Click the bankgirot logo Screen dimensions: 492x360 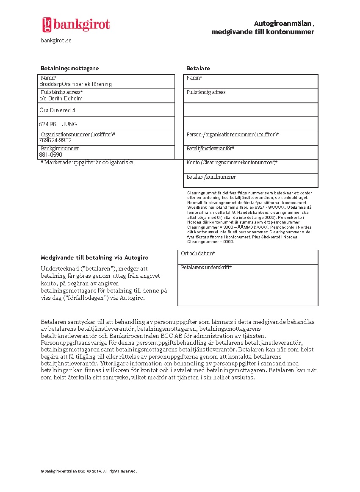[76, 25]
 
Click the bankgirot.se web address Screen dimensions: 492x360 [56, 40]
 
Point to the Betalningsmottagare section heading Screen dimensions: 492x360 [69, 68]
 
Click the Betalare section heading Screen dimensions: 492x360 [198, 68]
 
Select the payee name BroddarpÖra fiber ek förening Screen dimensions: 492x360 [75, 84]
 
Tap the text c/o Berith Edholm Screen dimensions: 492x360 [61, 99]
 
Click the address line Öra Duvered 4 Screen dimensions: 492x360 [57, 111]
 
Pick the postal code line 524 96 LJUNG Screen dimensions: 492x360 [58, 124]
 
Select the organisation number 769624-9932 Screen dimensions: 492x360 [55, 140]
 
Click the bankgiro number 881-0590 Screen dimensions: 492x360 [50, 155]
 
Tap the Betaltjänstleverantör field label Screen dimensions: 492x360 [210, 149]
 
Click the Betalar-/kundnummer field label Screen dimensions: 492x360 [211, 177]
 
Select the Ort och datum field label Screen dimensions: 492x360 [198, 254]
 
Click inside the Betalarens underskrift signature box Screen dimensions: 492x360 [248, 288]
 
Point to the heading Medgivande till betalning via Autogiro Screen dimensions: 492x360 [94, 257]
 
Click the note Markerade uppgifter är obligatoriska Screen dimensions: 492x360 [87, 163]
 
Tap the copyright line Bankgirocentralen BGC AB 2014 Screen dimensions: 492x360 [89, 471]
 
